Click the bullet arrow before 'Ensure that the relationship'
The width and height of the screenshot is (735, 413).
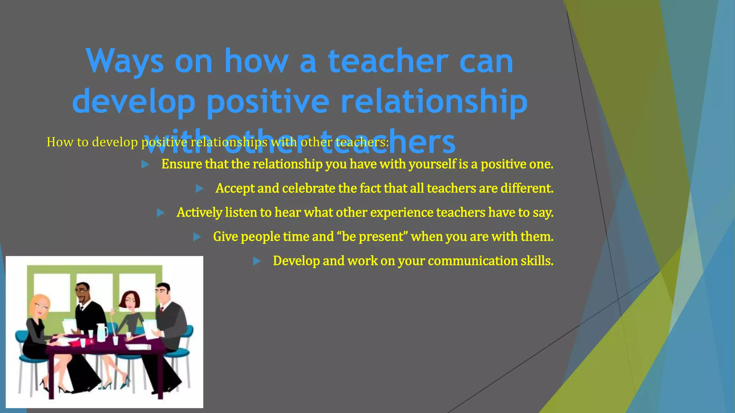[145, 165]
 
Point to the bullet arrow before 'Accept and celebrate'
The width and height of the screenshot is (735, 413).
[200, 189]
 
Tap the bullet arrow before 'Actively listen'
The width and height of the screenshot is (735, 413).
[161, 213]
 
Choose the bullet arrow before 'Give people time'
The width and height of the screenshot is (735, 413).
[197, 237]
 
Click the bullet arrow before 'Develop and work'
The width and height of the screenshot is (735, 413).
[257, 261]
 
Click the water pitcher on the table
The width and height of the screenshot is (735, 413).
[102, 332]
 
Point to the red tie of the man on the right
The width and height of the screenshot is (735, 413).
[162, 310]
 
